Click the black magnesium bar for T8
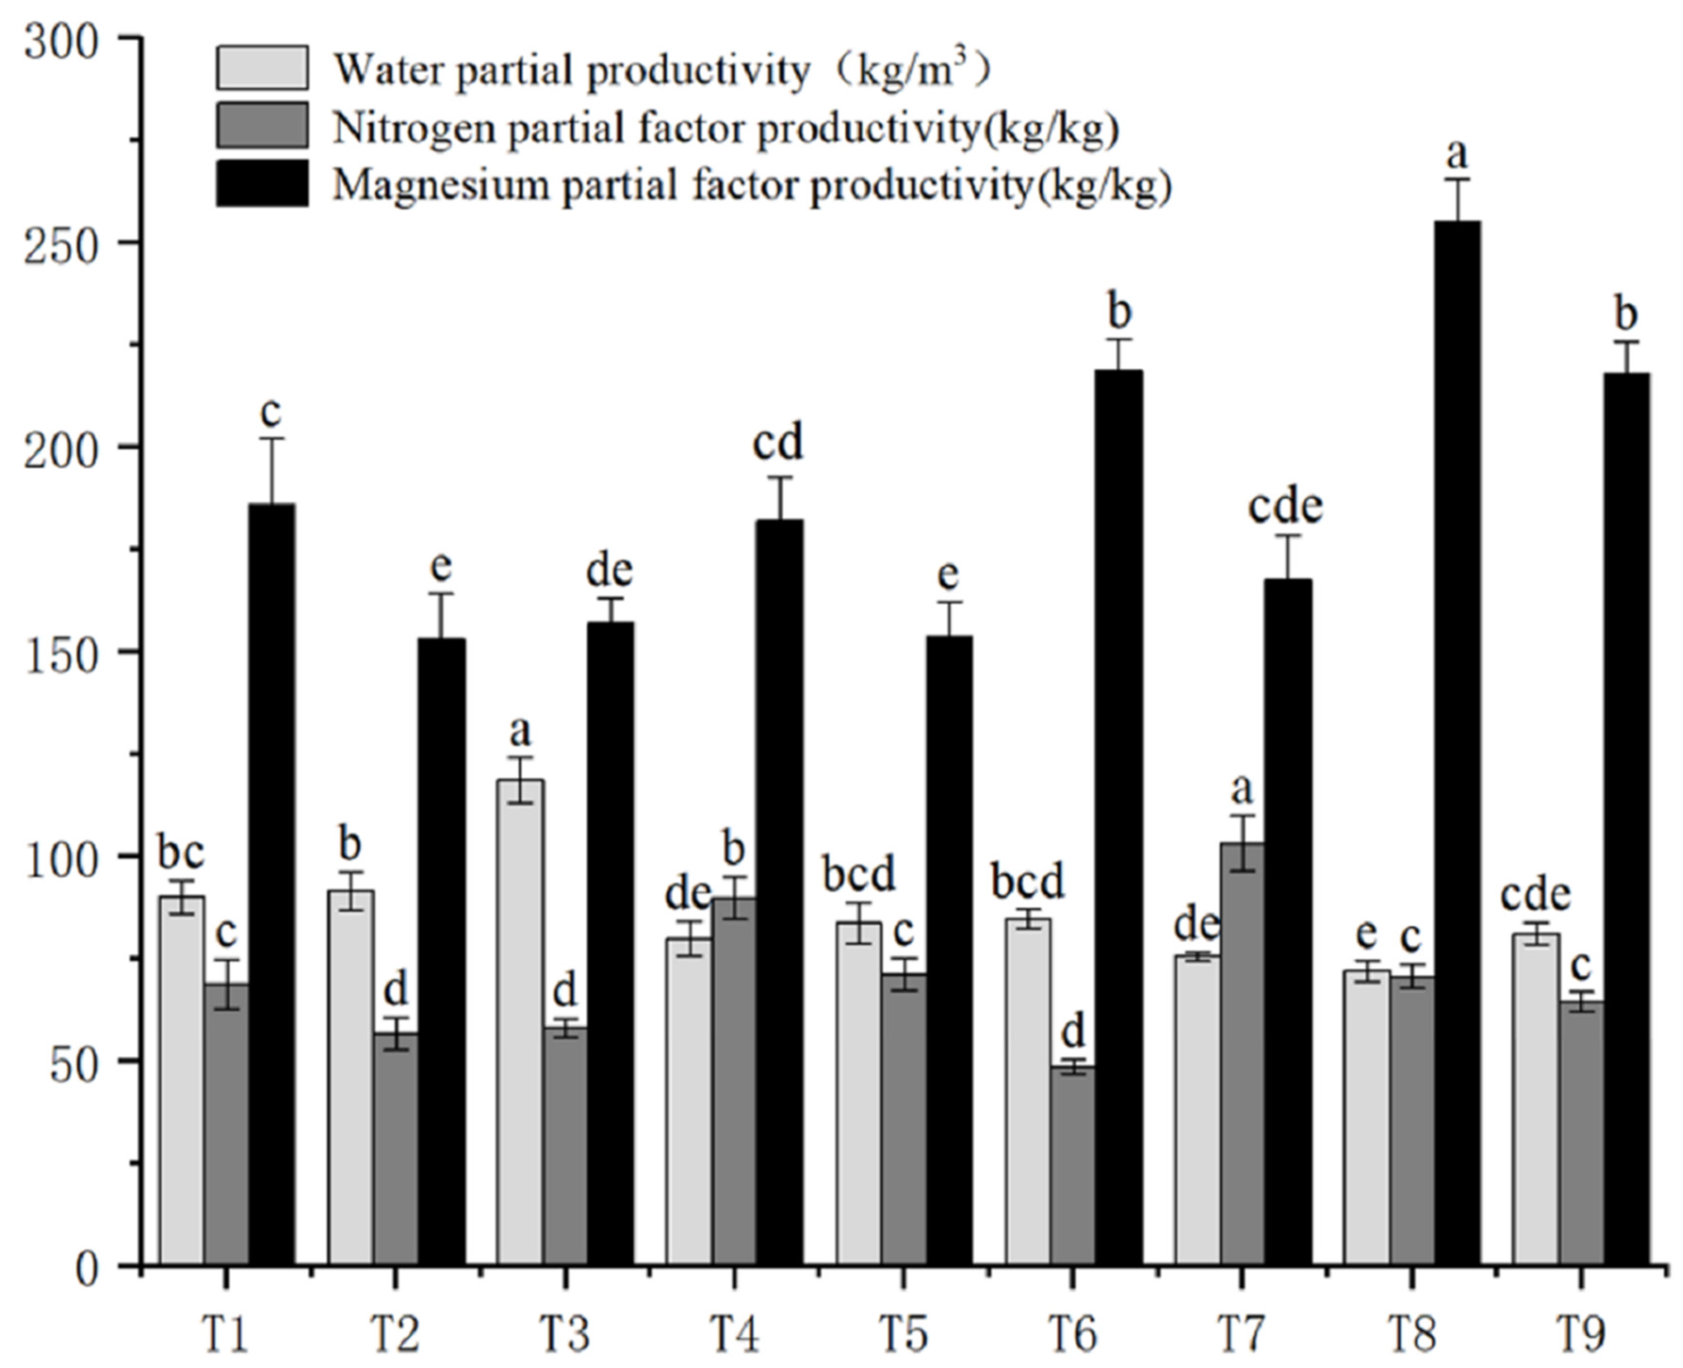[x=1457, y=741]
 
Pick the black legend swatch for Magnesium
[x=262, y=184]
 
